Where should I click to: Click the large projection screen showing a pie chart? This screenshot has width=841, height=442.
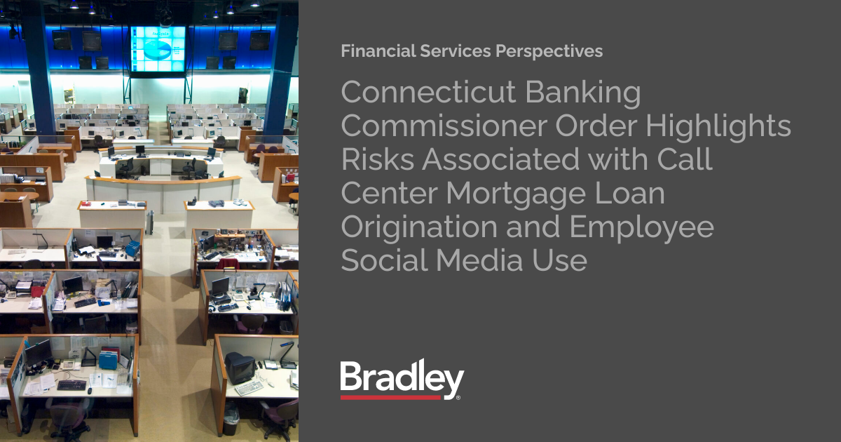tap(158, 49)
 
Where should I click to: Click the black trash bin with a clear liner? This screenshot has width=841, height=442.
tap(231, 420)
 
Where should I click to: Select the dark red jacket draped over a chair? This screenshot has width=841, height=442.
tap(228, 264)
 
